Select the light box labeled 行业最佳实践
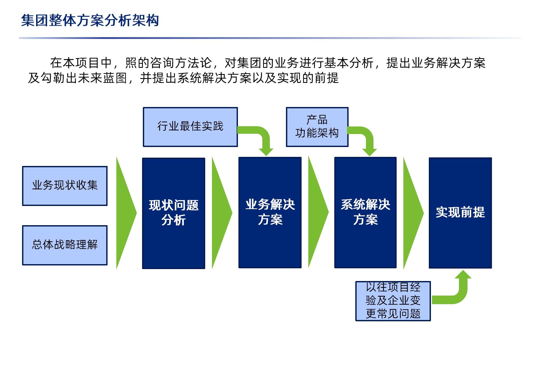coord(190,127)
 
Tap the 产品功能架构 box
coord(317,127)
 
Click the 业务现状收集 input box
coord(65,186)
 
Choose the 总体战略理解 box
coord(65,245)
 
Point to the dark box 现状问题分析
coord(174,213)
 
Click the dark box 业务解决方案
coord(270,212)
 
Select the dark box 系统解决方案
coord(365,212)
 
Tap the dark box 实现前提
coord(460,213)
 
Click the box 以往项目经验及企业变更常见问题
coord(393,301)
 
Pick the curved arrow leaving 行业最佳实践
coord(262,135)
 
